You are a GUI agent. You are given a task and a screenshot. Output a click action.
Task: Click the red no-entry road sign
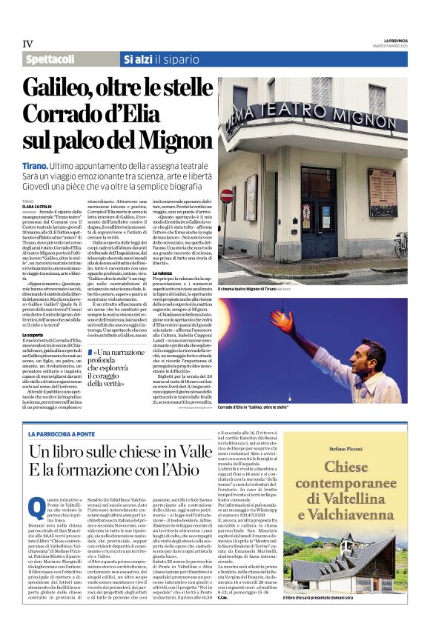pos(227,196)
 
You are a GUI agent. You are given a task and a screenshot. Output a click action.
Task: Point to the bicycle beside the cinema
pos(401,244)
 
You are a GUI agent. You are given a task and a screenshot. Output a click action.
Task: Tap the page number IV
pos(28,44)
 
